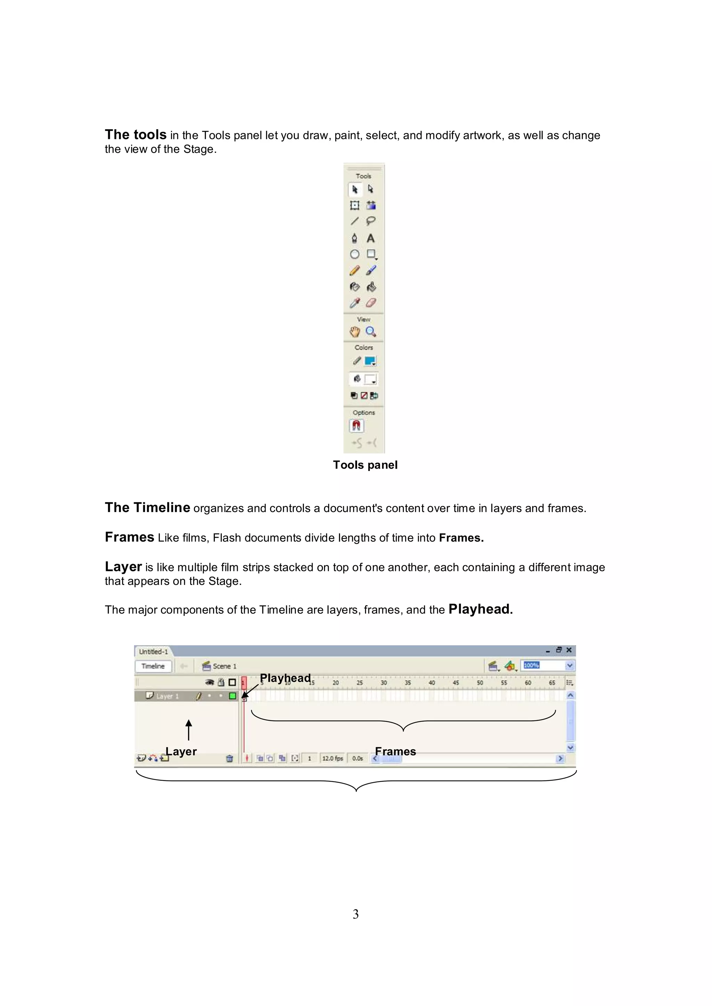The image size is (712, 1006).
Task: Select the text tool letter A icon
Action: coord(371,238)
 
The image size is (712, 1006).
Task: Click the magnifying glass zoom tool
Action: coord(371,332)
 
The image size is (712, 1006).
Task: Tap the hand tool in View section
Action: coord(355,332)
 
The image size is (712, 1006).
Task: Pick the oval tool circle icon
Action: coord(355,254)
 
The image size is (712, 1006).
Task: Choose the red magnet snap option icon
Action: coord(356,426)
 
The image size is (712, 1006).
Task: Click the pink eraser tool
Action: coord(371,303)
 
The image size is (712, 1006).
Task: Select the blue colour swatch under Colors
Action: coord(370,361)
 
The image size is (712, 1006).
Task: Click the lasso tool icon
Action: coord(371,221)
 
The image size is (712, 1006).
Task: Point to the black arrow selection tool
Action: coord(355,189)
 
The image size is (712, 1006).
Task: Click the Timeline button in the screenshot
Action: coord(153,666)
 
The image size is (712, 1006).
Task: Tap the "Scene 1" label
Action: coord(224,666)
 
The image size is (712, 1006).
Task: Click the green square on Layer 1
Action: coord(232,696)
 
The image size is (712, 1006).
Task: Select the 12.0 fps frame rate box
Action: coord(332,758)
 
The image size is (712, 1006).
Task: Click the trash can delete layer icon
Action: coord(229,758)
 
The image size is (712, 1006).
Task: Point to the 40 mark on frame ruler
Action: coord(432,683)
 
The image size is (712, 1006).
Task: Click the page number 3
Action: coord(356,914)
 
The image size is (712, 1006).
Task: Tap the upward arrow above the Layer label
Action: coord(188,729)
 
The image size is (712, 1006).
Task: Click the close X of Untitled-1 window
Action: coord(569,650)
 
